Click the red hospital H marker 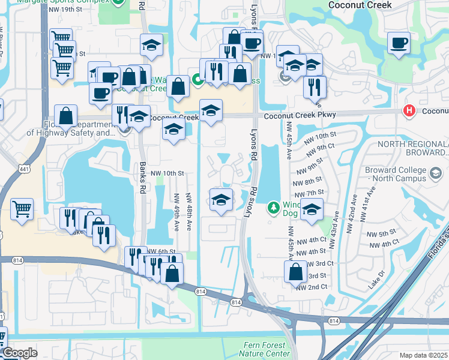(x=409, y=111)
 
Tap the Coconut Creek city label (x=360, y=5)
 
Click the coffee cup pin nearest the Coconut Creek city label (x=398, y=43)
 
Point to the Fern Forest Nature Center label (x=268, y=349)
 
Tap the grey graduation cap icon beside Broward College (x=435, y=174)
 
